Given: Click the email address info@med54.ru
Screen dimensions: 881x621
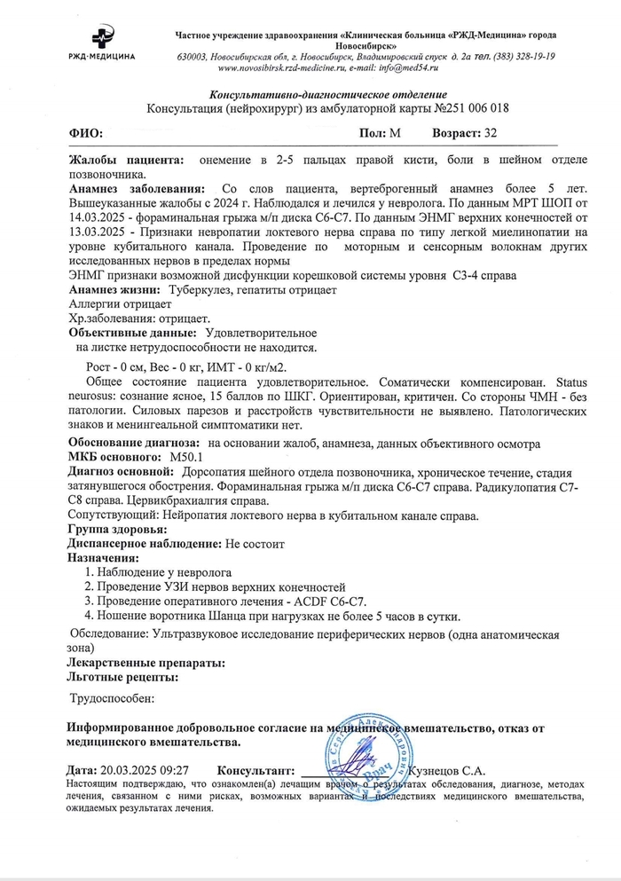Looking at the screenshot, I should [421, 67].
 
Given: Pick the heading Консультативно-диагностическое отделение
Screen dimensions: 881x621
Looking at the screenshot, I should [327, 94].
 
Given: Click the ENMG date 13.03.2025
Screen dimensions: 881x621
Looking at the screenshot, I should [99, 230].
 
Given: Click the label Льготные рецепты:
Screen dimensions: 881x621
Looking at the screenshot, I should [122, 676].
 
